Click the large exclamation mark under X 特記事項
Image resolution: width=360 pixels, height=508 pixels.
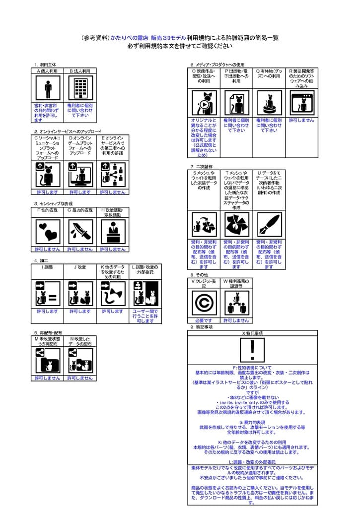(253, 350)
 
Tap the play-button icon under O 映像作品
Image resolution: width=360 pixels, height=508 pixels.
(204, 104)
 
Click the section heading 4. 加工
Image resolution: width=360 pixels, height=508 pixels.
(41, 260)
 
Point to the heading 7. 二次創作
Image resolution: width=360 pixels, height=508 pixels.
(201, 166)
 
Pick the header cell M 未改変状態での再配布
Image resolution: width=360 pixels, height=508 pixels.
(48, 341)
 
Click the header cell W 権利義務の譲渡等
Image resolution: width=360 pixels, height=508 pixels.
(236, 283)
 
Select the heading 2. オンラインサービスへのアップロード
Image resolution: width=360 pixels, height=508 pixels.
(68, 131)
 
